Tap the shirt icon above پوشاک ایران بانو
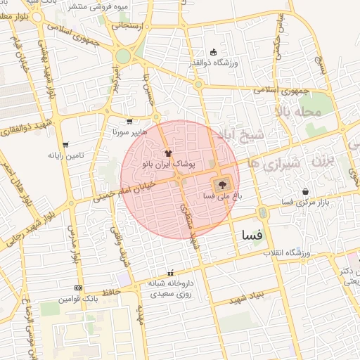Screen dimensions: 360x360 (x=167, y=152)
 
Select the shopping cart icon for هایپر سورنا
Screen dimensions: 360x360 (x=129, y=121)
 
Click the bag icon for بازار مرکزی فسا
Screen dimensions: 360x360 (x=305, y=191)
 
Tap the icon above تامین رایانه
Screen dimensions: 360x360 (x=65, y=144)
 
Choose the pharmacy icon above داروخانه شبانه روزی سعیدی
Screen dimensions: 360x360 (x=169, y=273)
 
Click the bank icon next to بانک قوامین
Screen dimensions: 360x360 (x=77, y=288)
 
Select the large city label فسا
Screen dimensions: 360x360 (x=251, y=234)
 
